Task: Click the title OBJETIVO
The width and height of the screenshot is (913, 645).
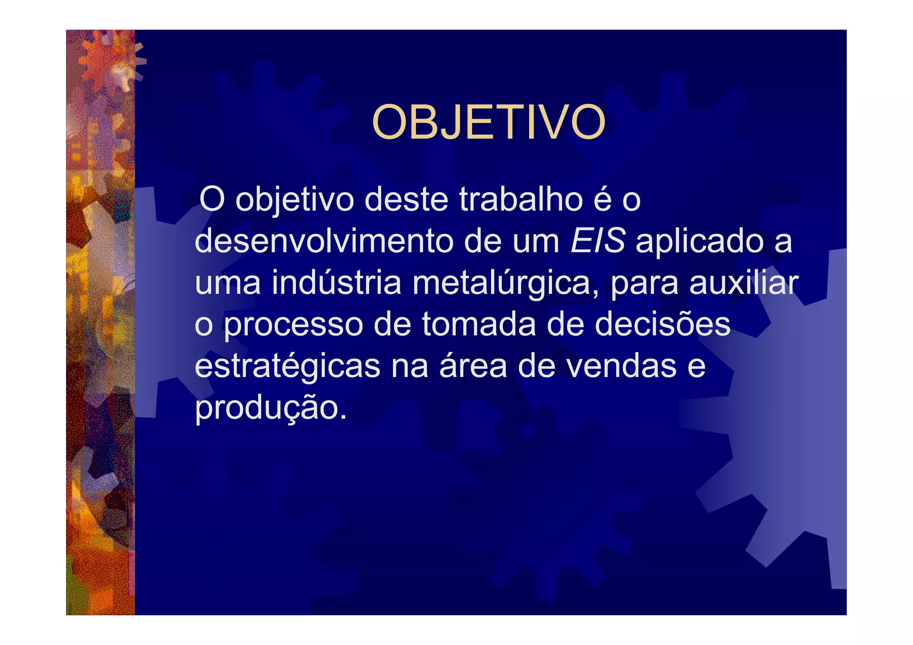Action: point(489,122)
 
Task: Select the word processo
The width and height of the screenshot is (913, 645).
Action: point(293,325)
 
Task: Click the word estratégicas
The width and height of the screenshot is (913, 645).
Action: point(288,366)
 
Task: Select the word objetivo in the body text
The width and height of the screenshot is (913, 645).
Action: point(295,201)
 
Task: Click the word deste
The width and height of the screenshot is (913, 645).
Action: point(406,200)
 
